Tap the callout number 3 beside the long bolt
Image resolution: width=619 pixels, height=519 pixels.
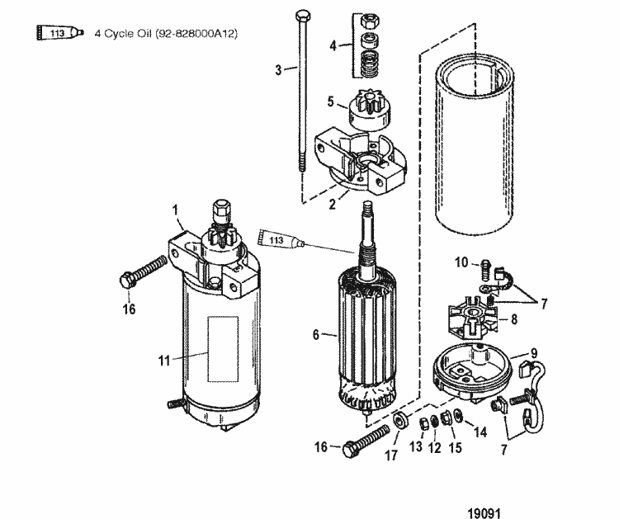click(x=279, y=70)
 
